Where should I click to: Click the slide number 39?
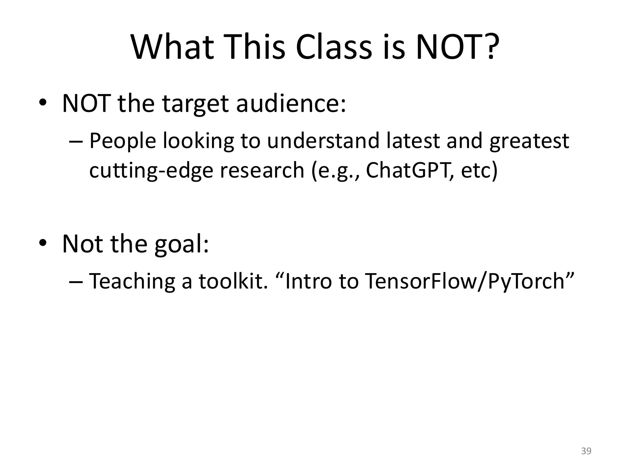(586, 451)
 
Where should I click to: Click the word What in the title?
(172, 47)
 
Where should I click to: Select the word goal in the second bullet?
(181, 244)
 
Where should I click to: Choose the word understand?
(323, 140)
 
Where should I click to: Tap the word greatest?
(529, 141)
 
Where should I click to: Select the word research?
(262, 170)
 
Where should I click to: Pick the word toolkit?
(233, 281)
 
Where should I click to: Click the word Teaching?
(132, 281)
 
